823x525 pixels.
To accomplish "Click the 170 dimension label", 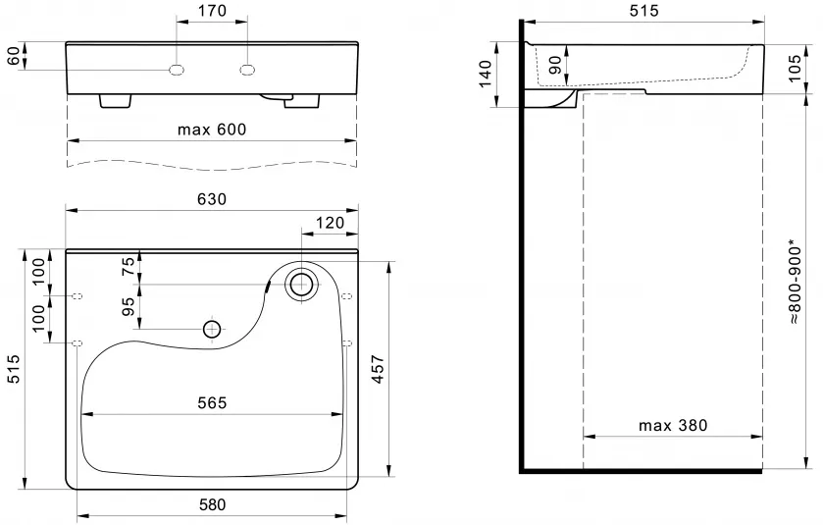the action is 213,11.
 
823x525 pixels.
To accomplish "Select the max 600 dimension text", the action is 212,130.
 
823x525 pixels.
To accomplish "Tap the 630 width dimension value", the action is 212,199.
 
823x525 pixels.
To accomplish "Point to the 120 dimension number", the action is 331,223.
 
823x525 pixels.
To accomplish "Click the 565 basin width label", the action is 212,402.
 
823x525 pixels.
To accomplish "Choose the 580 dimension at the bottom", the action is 212,504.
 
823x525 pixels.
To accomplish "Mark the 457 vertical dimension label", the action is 378,370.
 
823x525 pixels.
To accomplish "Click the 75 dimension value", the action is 129,267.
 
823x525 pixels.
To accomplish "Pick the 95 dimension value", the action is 129,306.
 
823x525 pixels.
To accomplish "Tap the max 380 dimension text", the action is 673,425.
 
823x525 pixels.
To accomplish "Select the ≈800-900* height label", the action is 795,282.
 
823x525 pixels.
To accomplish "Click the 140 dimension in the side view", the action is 486,74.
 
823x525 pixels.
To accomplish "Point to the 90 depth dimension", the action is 555,65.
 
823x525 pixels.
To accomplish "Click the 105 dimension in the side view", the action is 796,69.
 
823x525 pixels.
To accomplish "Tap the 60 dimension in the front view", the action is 14,56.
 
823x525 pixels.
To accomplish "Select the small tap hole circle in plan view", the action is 212,330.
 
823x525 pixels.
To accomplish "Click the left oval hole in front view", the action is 177,70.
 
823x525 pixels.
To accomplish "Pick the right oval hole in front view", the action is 248,70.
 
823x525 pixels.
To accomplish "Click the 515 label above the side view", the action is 643,11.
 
